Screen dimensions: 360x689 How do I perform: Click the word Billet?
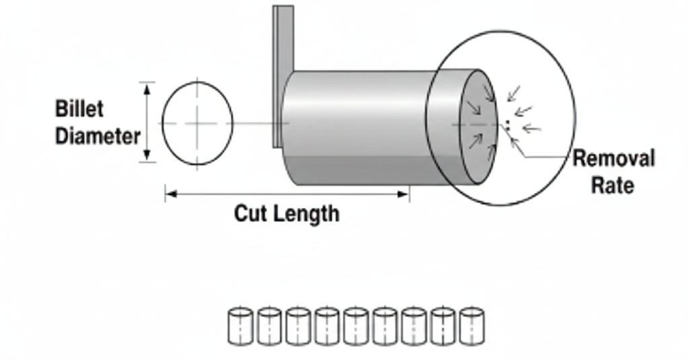79,108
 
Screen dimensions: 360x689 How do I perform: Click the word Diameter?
98,136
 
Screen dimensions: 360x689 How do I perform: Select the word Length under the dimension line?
306,214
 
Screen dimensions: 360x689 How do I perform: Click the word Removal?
613,159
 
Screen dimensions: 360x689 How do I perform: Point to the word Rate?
612,184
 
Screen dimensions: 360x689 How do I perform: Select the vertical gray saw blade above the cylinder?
283,40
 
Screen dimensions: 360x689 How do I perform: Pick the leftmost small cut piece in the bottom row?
240,326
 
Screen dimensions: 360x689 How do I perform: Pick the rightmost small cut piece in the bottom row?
472,326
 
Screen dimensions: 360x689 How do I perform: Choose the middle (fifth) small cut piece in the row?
356,326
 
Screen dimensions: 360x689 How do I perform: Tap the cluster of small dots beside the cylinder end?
507,125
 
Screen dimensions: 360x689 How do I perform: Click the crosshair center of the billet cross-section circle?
197,123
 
